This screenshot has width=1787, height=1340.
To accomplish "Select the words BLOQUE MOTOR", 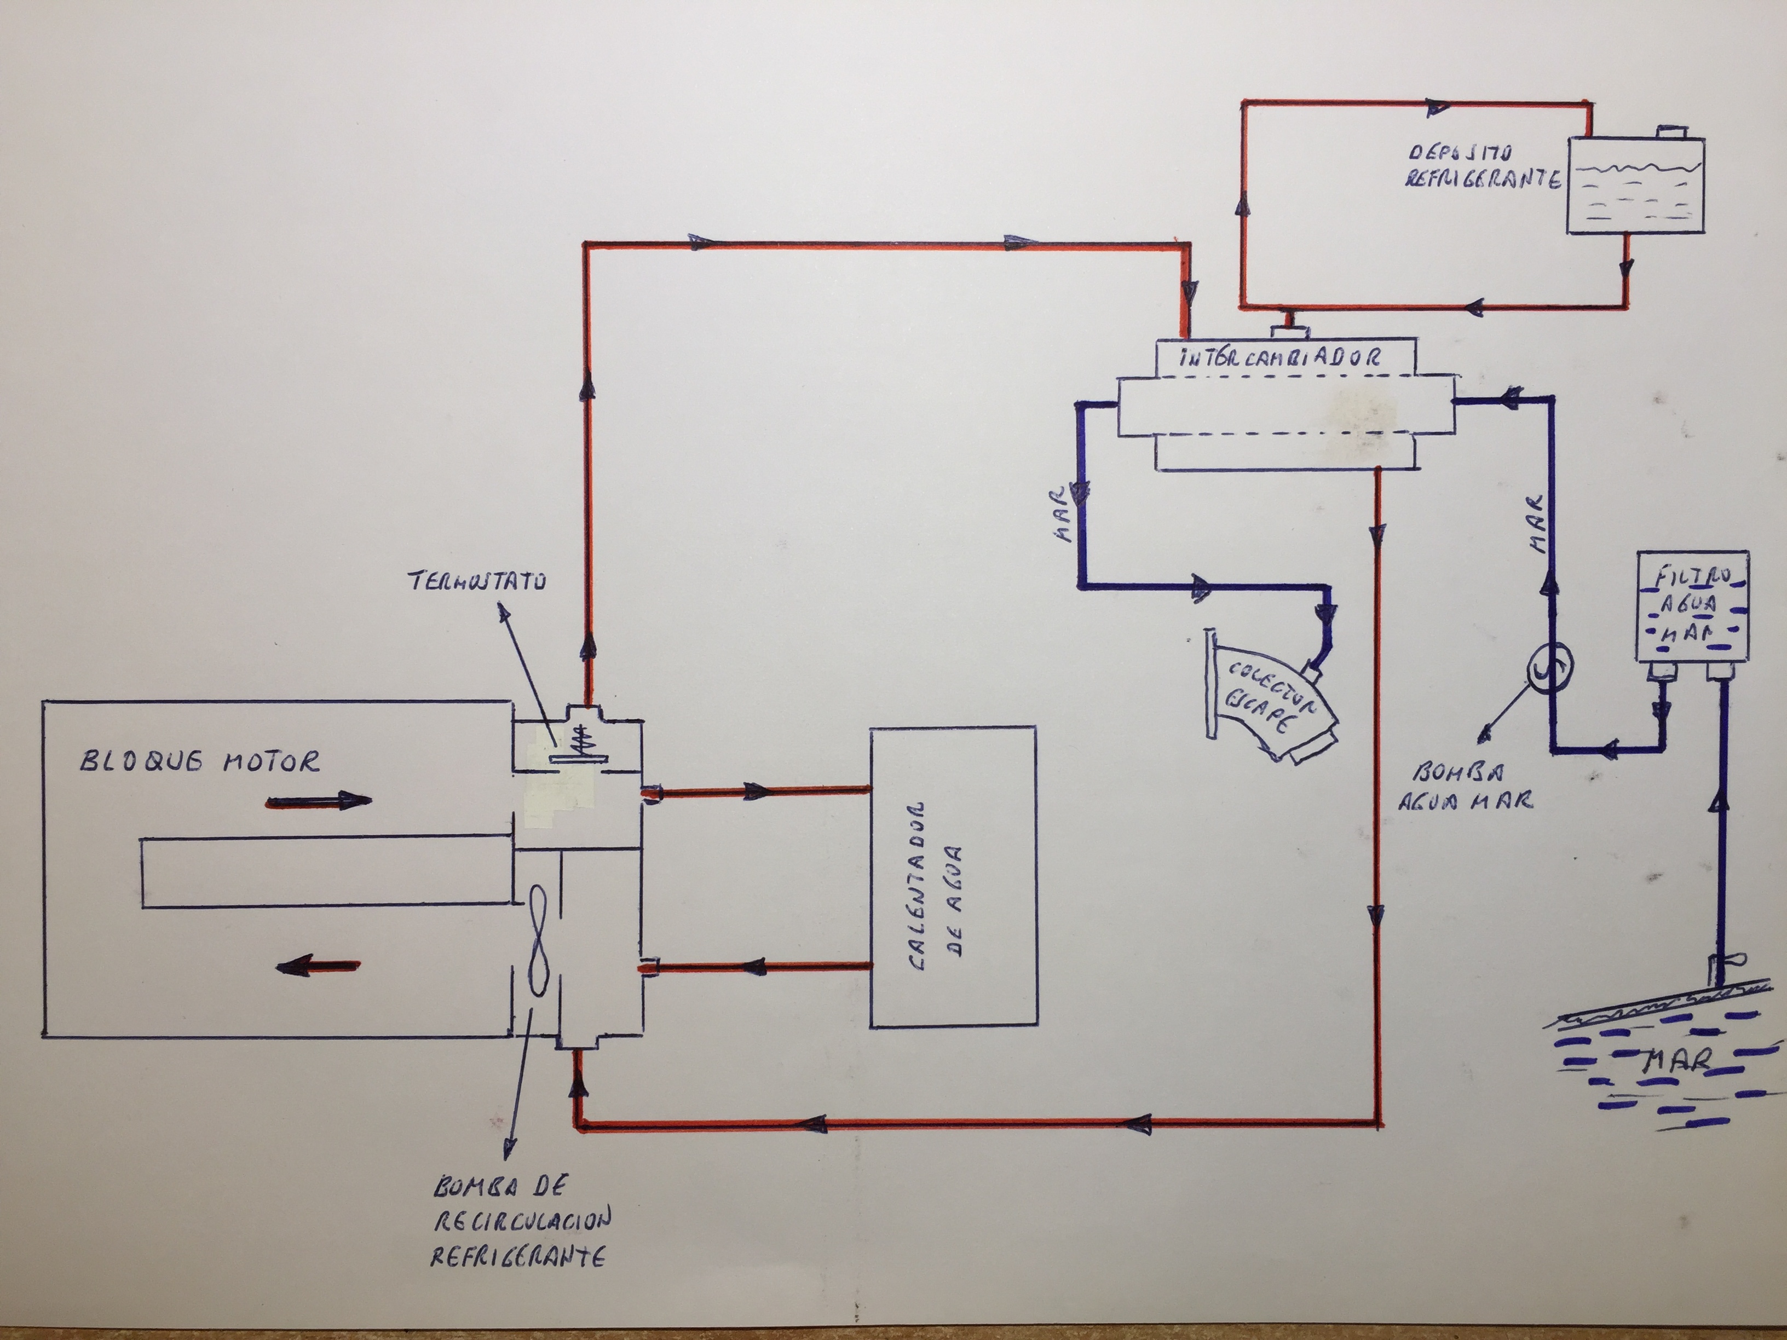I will coord(199,761).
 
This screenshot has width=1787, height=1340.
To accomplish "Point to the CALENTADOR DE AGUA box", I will coord(953,876).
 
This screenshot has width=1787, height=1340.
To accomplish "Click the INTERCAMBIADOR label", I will coord(1281,358).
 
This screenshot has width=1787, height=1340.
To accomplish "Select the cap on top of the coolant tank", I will coord(1671,131).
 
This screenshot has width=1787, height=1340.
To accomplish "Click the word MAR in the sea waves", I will coord(1679,1060).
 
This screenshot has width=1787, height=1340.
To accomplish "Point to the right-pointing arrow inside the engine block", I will coord(319,801).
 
